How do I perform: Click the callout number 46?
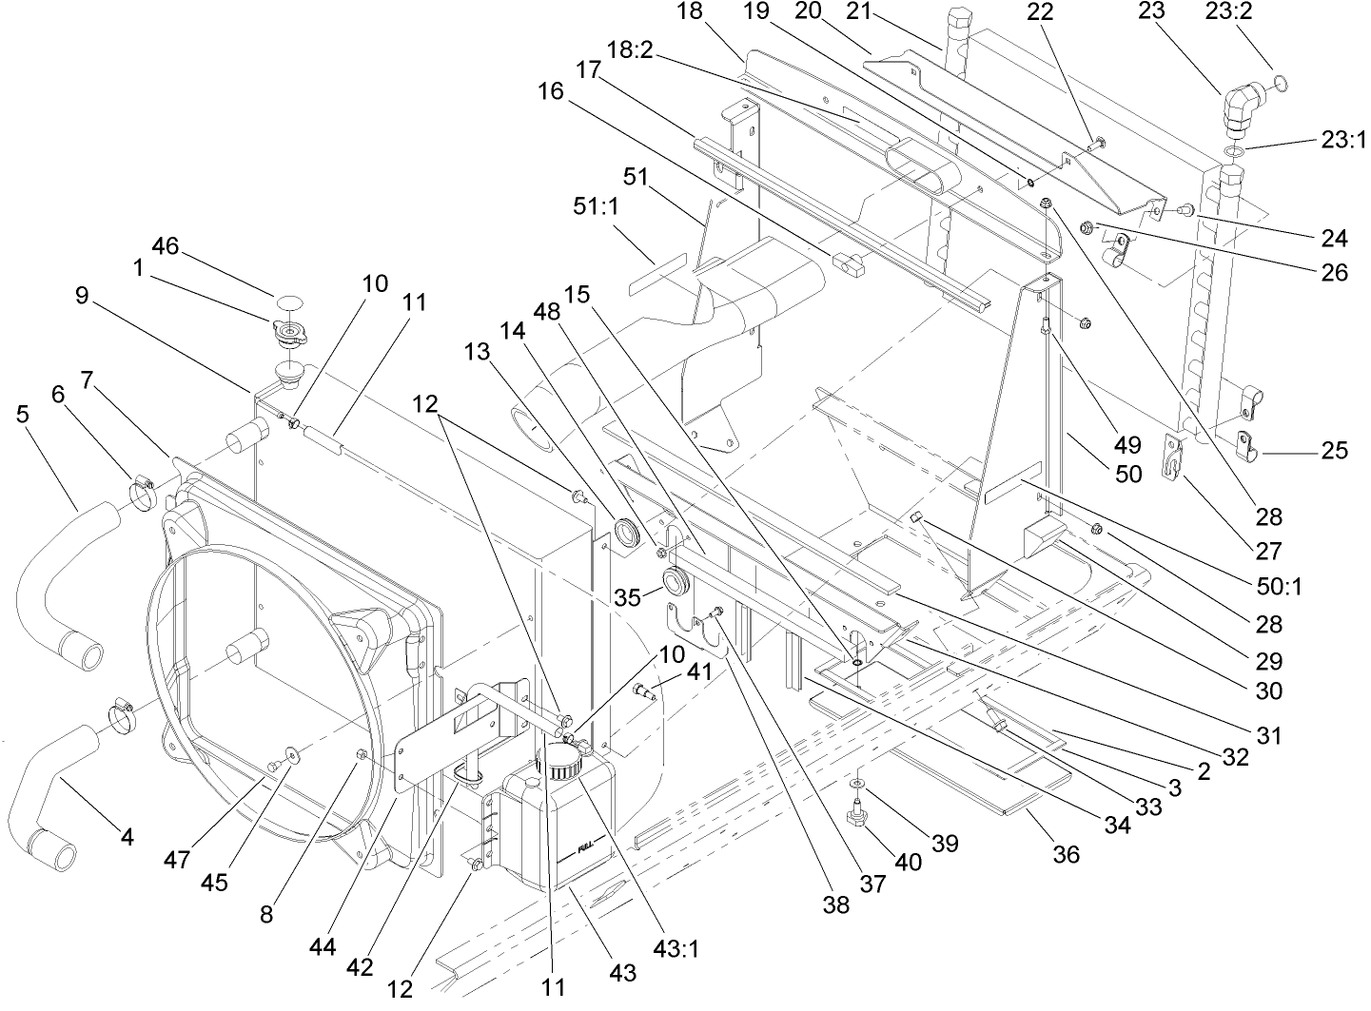point(165,245)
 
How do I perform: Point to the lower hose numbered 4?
point(48,789)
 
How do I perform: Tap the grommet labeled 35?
point(676,580)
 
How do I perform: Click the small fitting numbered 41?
point(645,693)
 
